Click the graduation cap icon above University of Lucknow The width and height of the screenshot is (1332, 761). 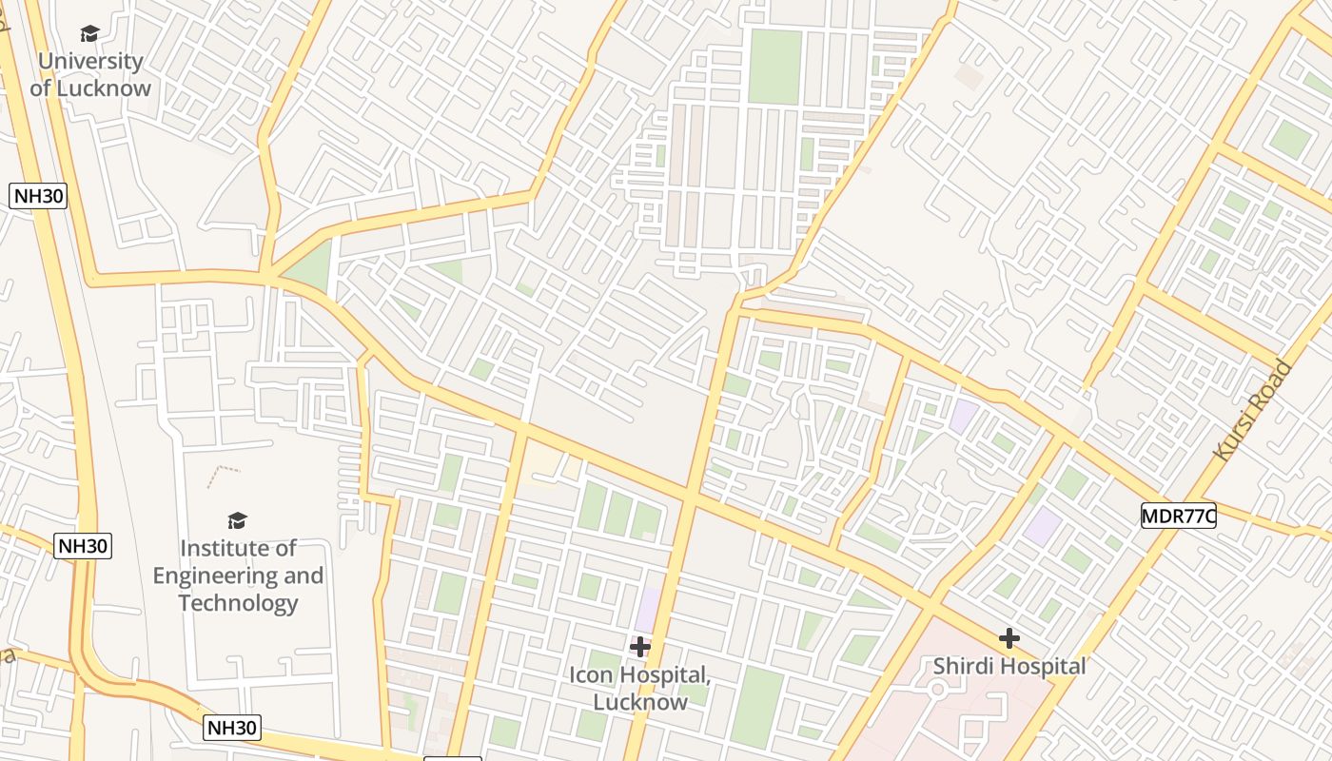click(89, 34)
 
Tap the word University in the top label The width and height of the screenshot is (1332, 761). click(90, 62)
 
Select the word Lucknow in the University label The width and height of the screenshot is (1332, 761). click(103, 88)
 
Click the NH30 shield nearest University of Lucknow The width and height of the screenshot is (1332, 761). click(38, 197)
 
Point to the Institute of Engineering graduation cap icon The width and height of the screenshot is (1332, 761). click(237, 520)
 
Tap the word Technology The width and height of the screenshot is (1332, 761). click(238, 603)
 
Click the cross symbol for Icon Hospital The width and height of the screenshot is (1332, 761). click(640, 647)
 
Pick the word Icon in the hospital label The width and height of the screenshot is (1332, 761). click(591, 675)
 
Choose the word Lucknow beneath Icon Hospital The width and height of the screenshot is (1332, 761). click(639, 703)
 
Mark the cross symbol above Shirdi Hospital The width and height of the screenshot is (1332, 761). click(1009, 637)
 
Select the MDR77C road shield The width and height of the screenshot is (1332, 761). click(1179, 517)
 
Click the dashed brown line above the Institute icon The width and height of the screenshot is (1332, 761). click(223, 473)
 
